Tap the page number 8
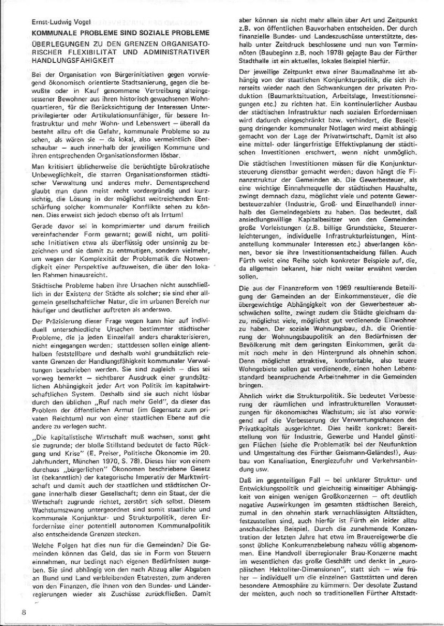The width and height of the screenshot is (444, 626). point(24,612)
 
